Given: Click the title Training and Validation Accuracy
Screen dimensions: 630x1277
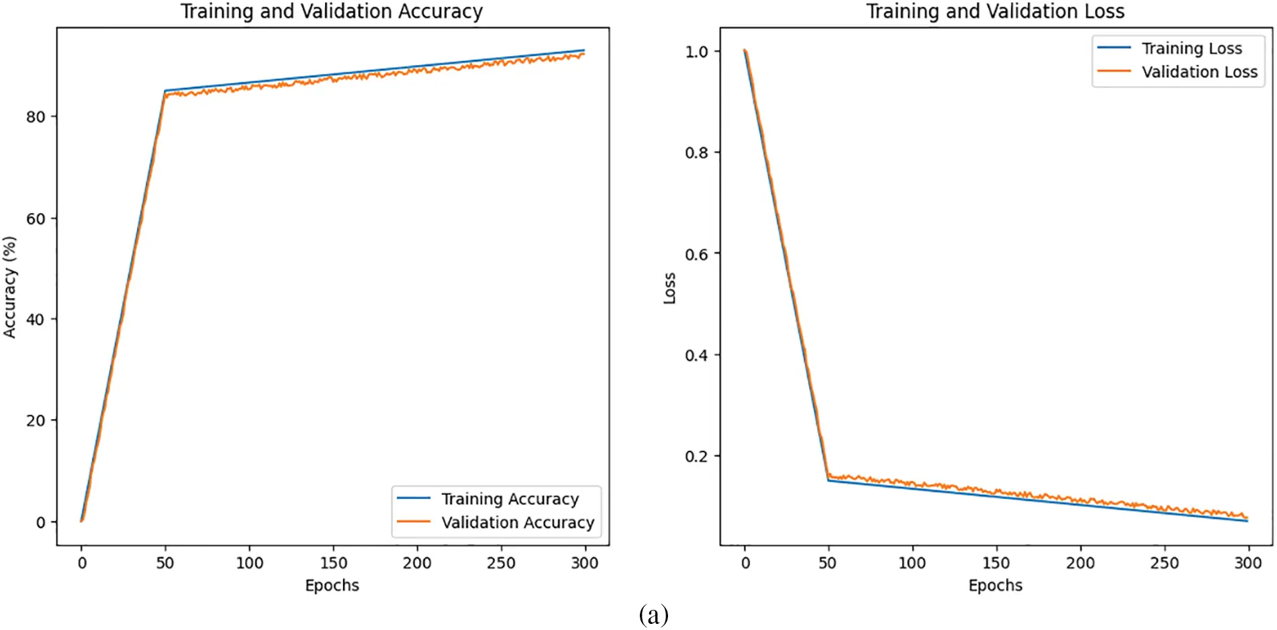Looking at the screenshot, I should (331, 11).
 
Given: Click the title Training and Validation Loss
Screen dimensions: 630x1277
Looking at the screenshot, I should (994, 11).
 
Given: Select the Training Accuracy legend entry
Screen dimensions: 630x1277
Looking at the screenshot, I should (509, 499).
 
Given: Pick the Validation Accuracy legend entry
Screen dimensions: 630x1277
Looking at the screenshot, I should (517, 523).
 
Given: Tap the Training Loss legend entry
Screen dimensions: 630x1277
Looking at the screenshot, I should (1191, 48).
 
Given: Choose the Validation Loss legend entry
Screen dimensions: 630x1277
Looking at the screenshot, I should (1199, 72).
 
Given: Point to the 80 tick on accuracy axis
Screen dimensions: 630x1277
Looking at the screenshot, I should (36, 117).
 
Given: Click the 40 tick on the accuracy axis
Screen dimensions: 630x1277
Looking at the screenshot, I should (36, 320).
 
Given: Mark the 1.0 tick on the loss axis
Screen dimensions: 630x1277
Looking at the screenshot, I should (696, 52).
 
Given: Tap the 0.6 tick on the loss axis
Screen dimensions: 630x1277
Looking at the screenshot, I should (696, 255).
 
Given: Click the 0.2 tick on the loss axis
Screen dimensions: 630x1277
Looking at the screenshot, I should (696, 457).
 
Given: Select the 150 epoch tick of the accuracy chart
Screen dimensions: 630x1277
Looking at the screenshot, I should (333, 563).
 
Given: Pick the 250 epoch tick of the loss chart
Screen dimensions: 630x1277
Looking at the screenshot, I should (1164, 563).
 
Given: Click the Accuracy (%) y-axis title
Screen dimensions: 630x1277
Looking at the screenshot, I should (9, 287).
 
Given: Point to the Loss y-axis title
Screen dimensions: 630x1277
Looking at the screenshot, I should (669, 288).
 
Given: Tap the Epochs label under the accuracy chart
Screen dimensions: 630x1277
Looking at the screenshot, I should (332, 586).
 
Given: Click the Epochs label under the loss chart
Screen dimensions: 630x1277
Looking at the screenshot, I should (995, 586).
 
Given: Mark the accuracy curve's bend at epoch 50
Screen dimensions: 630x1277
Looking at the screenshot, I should (165, 91).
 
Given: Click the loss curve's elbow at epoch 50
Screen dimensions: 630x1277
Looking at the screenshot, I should (829, 479).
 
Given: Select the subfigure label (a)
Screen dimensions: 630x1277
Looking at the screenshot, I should (653, 615).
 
